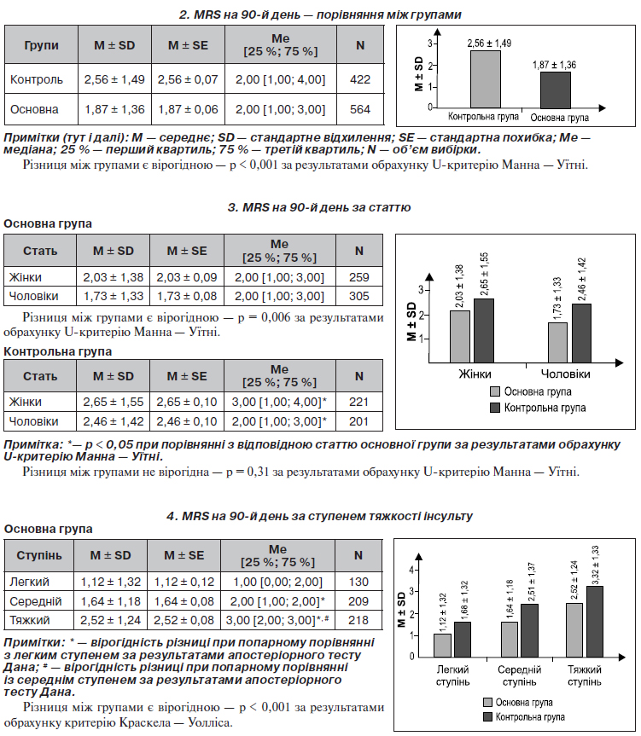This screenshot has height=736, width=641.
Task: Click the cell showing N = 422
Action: click(360, 78)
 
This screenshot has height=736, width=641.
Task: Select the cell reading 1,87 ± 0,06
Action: click(188, 109)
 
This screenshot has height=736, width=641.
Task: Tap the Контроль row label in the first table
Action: click(37, 79)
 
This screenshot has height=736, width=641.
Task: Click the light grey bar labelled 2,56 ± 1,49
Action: click(486, 79)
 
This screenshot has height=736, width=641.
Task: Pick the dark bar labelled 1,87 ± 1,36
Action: click(556, 90)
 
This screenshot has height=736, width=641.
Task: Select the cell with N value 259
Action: click(358, 277)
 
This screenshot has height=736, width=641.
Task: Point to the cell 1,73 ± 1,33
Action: click(114, 296)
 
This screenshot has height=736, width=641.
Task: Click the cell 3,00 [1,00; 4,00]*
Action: click(279, 403)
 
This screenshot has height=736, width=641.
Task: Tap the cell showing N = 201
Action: click(358, 421)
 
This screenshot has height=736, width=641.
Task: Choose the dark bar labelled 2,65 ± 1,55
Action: click(484, 330)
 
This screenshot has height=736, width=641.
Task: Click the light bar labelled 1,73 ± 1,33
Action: click(557, 343)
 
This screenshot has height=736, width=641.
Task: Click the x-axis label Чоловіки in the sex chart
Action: click(565, 374)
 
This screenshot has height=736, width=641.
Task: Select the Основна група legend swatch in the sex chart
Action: click(495, 391)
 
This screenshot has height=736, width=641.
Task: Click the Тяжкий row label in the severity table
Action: click(30, 621)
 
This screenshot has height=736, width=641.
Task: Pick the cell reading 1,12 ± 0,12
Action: click(184, 582)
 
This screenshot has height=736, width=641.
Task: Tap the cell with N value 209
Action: click(358, 601)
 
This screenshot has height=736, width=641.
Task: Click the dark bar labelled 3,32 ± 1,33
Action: click(595, 622)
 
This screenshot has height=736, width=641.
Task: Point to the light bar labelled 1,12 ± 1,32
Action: click(442, 646)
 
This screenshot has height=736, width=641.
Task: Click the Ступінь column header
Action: click(39, 556)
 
